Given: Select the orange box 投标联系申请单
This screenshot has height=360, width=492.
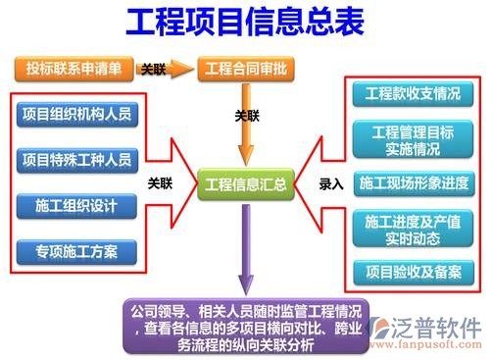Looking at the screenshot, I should point(74,70).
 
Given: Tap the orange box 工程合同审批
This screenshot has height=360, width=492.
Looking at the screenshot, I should point(244,70).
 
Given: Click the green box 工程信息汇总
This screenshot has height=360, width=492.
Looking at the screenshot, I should point(244,183).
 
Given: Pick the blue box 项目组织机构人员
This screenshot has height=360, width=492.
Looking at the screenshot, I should point(79,112).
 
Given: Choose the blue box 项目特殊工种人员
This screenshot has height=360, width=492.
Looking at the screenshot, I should point(79,158).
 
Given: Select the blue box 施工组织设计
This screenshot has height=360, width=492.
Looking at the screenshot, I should point(79,205).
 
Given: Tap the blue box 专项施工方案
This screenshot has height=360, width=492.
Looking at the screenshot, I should point(79,251).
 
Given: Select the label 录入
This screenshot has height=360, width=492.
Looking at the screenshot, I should point(331,182).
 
